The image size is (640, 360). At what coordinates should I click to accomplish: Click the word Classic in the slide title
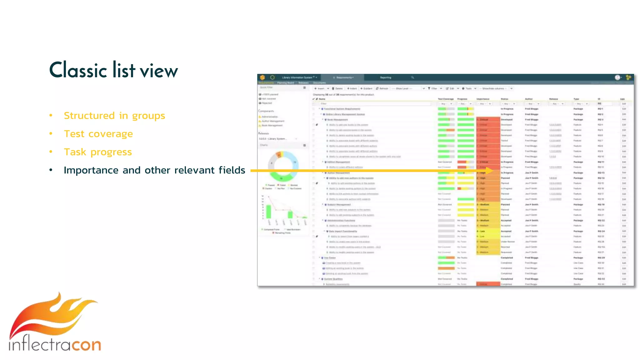tap(78, 70)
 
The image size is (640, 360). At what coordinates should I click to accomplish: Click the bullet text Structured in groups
tap(114, 116)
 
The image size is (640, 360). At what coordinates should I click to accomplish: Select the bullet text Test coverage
tap(98, 134)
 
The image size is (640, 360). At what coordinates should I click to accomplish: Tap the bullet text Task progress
tap(98, 152)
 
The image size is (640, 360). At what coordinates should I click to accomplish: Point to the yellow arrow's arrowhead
tap(489, 171)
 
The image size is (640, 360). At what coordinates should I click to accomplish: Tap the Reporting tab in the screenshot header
tap(385, 77)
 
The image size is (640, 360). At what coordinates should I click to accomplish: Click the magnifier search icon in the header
tap(412, 77)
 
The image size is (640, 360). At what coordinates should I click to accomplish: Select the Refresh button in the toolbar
tap(382, 88)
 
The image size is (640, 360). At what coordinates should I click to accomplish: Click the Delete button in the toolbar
tap(337, 88)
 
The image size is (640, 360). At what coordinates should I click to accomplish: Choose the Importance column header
tap(483, 99)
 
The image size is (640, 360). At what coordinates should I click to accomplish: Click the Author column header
tap(529, 99)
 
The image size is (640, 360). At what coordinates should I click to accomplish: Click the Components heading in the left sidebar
tap(266, 111)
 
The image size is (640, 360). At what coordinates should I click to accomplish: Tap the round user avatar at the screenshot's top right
tap(617, 77)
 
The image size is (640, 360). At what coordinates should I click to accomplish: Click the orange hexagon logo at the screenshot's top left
tap(262, 77)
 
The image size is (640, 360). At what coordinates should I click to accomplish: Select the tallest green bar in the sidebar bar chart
tap(268, 212)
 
